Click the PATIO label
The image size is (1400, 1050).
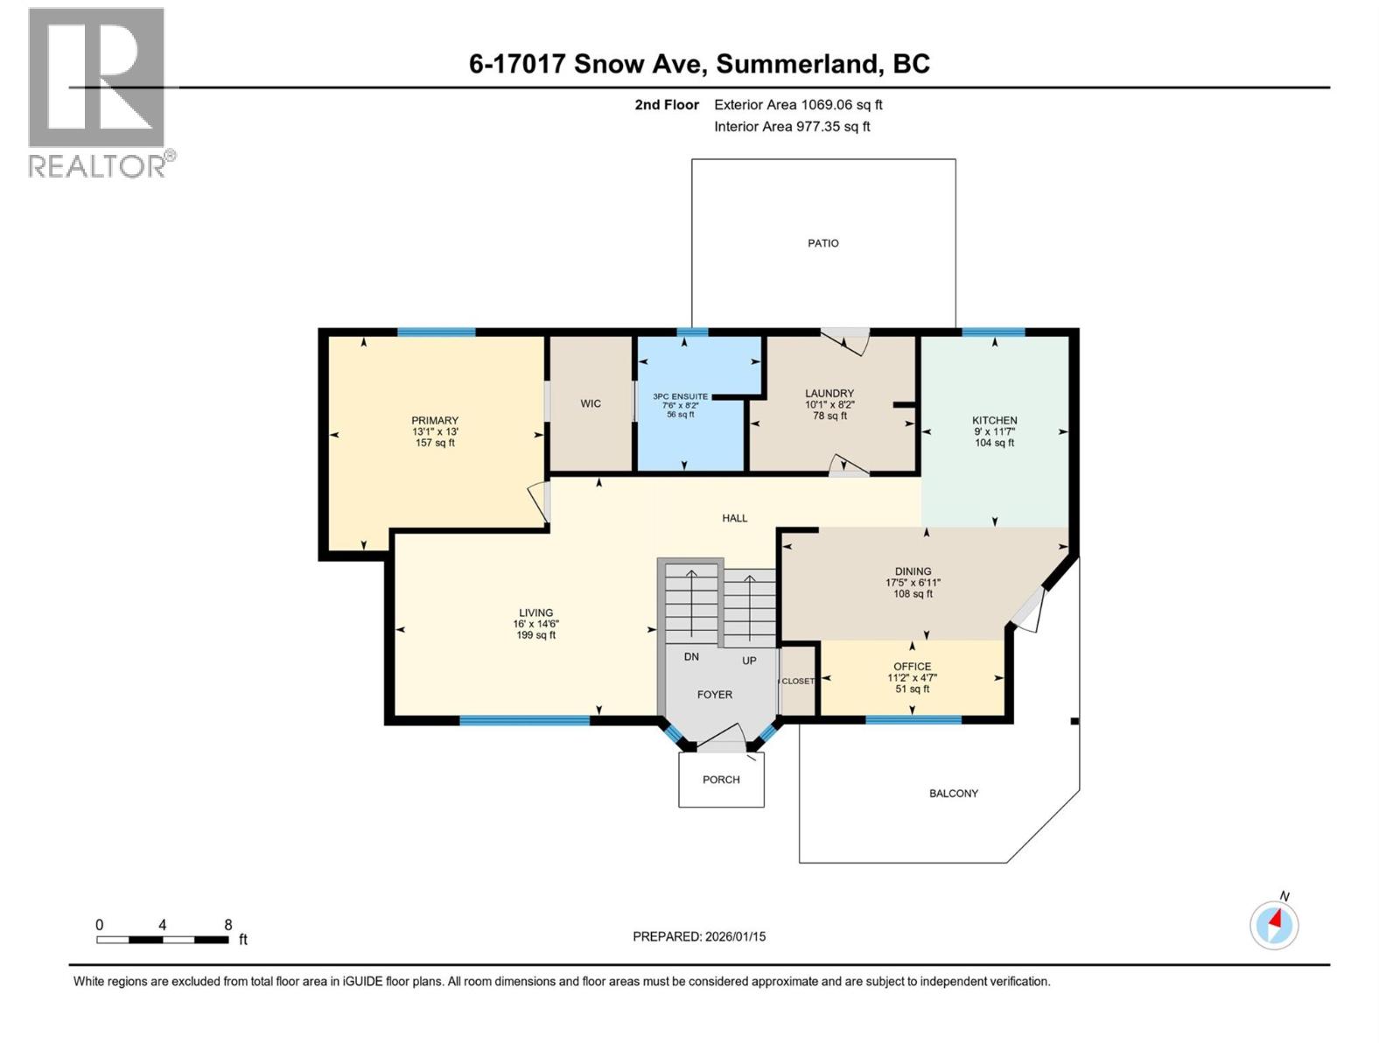click(822, 243)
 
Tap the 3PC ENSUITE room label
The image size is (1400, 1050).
click(680, 396)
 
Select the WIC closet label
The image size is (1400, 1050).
click(591, 403)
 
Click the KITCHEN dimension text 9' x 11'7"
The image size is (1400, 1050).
click(994, 431)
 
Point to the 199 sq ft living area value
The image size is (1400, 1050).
click(535, 635)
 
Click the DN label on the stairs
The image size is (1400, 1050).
click(691, 656)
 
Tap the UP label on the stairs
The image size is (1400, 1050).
click(749, 661)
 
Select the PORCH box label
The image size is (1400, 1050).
click(721, 780)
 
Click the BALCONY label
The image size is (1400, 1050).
click(953, 794)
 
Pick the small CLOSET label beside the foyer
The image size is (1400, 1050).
click(797, 681)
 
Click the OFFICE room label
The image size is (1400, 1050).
click(912, 667)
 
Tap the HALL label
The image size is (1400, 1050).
click(734, 518)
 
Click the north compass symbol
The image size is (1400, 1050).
click(1274, 924)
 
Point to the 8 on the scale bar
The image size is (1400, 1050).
click(227, 925)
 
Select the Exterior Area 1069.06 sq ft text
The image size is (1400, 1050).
click(798, 105)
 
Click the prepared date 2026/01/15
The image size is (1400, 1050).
click(733, 936)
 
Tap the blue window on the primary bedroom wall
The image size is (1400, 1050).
click(436, 332)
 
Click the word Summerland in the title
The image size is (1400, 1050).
click(798, 64)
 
